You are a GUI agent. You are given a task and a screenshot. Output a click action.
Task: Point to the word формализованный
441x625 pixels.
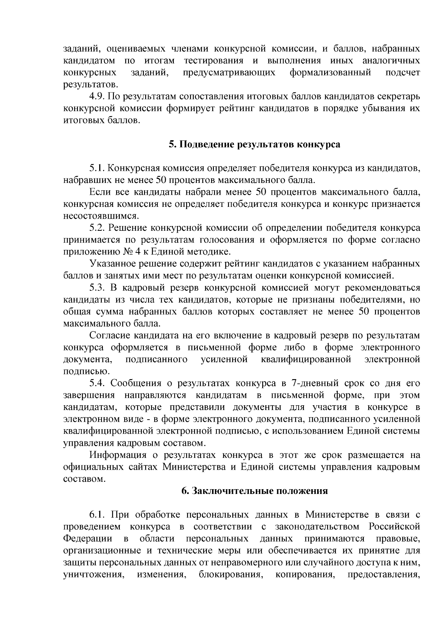tap(330, 73)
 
